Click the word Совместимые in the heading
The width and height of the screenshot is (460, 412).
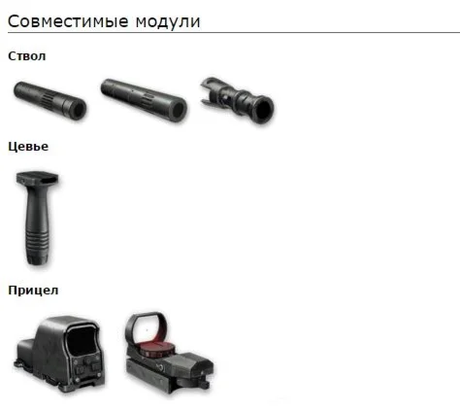click(x=68, y=21)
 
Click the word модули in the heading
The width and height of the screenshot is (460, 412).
click(x=168, y=22)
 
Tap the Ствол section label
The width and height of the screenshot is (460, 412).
click(x=27, y=56)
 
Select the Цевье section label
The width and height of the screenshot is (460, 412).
click(x=28, y=147)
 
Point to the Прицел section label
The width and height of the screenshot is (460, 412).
click(x=33, y=291)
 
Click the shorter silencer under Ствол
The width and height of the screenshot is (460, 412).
click(x=49, y=100)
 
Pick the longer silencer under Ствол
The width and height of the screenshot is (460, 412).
click(x=144, y=100)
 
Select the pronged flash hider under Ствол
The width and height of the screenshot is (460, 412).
click(x=237, y=100)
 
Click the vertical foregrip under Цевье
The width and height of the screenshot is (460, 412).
click(x=38, y=219)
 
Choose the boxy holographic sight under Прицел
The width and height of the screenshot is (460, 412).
click(x=59, y=354)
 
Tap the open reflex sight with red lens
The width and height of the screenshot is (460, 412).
click(x=168, y=353)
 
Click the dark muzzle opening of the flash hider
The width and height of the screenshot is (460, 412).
click(x=264, y=110)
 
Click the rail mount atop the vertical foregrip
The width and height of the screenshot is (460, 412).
click(x=38, y=178)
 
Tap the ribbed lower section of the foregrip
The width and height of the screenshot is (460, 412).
click(x=38, y=245)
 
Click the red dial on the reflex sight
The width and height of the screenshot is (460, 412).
click(x=157, y=350)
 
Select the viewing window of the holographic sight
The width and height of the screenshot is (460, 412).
click(x=82, y=341)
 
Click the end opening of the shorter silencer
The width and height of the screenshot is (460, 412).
click(x=78, y=110)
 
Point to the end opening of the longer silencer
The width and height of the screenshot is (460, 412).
click(x=178, y=112)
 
